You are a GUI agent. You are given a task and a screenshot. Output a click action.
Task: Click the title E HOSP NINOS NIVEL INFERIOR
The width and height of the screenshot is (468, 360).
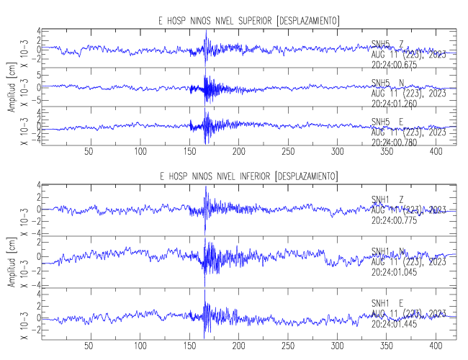(249, 176)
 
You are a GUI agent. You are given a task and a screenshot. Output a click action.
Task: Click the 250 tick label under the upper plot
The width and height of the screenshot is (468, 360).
(288, 152)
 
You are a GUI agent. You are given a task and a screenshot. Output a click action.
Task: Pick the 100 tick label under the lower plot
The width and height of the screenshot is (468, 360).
(140, 346)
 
